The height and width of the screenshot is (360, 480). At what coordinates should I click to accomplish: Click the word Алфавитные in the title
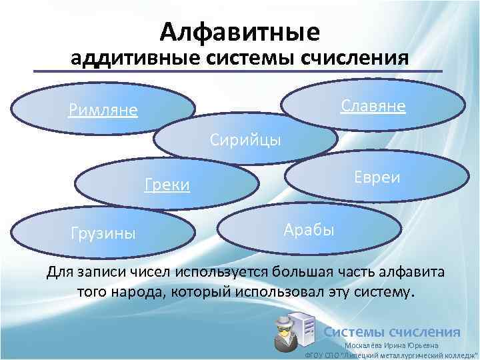pyautogui.click(x=240, y=31)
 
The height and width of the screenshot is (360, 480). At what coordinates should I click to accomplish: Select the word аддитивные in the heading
pyautogui.click(x=131, y=58)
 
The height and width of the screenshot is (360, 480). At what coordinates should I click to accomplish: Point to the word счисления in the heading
pyautogui.click(x=356, y=58)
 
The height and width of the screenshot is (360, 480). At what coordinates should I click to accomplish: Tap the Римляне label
pyautogui.click(x=103, y=109)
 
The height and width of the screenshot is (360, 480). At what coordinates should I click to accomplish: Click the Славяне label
pyautogui.click(x=373, y=106)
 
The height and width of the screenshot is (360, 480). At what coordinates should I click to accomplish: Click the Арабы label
pyautogui.click(x=309, y=230)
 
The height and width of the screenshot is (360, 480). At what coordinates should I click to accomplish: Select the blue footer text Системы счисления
pyautogui.click(x=391, y=331)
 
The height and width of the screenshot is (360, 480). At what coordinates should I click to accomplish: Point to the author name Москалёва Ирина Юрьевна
pyautogui.click(x=391, y=345)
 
